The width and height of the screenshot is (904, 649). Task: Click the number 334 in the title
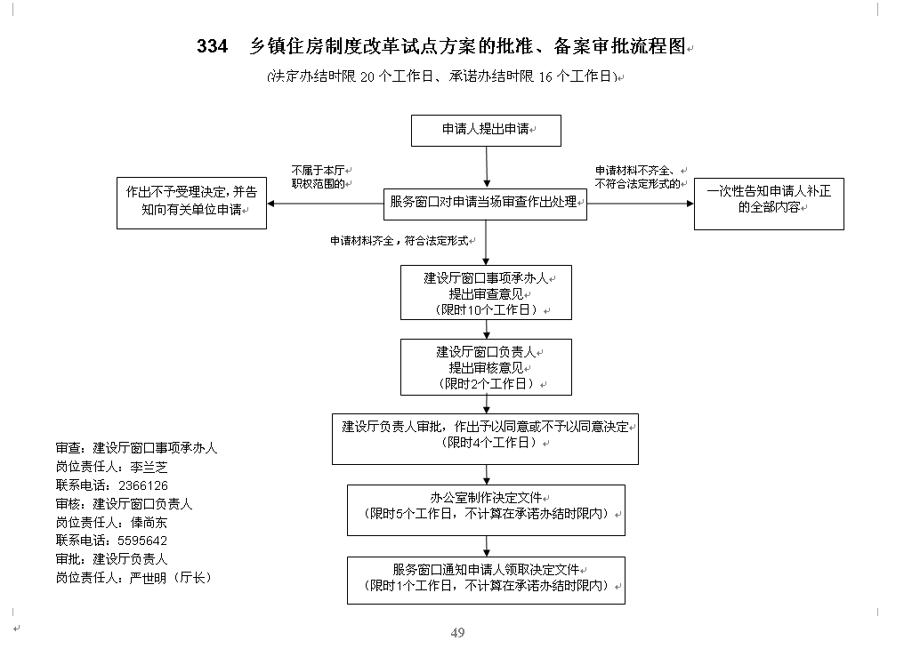coord(212,46)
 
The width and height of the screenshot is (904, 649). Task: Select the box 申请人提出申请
coord(486,131)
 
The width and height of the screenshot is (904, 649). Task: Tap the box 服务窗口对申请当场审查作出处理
coord(486,204)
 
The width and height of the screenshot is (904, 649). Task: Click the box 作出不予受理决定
coord(191,204)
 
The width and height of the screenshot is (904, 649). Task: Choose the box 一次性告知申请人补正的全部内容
coord(769,204)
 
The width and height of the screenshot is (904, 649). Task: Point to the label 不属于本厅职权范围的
coord(319,177)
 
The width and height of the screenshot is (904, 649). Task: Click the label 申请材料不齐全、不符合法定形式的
coord(638,177)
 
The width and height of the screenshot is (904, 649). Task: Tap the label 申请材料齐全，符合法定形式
coord(399,241)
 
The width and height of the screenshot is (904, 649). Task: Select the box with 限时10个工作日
coord(486,292)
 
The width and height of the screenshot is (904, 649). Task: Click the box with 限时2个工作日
coord(486,367)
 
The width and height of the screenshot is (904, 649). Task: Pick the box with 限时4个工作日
coord(486,439)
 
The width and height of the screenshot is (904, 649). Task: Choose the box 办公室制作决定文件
coord(486,510)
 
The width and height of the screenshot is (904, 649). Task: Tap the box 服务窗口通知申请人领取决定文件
coord(486,581)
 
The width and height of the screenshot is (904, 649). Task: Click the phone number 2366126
coord(143,485)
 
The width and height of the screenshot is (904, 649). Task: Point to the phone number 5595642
coord(142,541)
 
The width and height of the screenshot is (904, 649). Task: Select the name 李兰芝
coord(149,467)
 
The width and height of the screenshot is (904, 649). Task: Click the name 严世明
coord(148,578)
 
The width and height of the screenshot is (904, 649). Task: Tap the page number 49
coord(457,633)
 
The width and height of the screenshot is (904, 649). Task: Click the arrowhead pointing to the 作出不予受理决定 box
coord(271,204)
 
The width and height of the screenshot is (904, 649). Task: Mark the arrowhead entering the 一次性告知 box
coord(690,204)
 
